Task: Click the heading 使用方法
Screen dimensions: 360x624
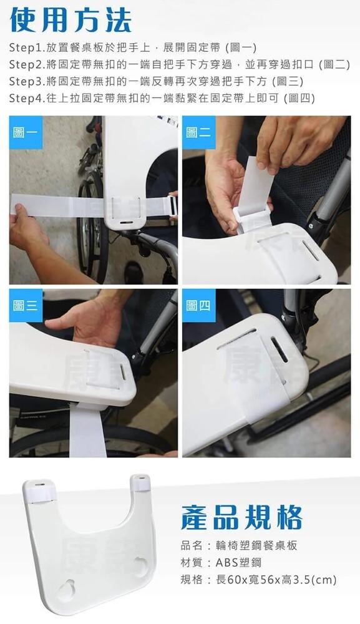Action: point(71,19)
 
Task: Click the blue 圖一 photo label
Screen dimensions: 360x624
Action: point(26,132)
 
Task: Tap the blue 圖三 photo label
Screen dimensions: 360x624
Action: point(26,306)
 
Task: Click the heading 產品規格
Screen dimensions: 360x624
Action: point(241,517)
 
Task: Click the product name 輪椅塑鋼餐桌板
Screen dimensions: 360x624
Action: point(256,545)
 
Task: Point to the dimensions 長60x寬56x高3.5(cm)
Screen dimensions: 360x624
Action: point(276,580)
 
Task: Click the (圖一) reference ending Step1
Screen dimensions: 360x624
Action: point(241,48)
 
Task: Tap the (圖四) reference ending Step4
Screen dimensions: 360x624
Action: point(299,99)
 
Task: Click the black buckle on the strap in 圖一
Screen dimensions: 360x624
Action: point(173,206)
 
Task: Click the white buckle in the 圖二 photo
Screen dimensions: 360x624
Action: point(248,218)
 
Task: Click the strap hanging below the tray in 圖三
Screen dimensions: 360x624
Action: point(87,431)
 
